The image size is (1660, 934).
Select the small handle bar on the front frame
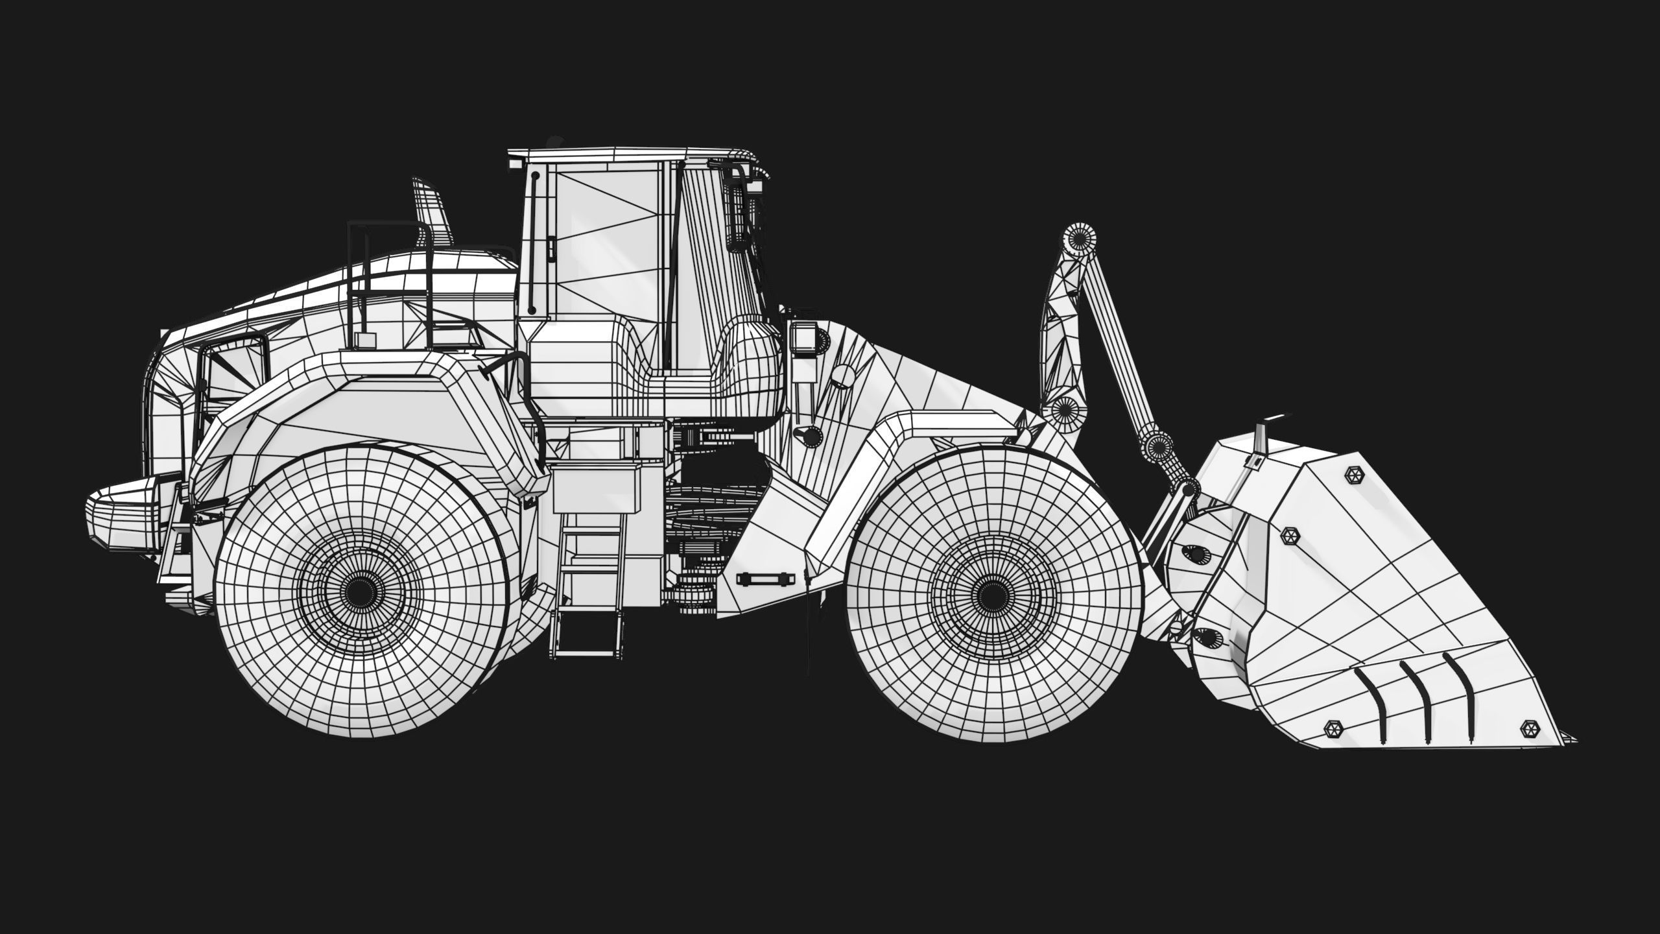[x=765, y=577]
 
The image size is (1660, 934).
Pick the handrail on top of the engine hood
[x=389, y=259]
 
